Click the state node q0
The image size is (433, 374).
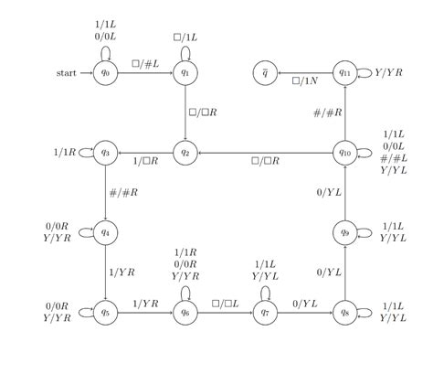pyautogui.click(x=105, y=72)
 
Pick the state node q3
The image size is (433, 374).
pyautogui.click(x=105, y=152)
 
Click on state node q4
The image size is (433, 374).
pyautogui.click(x=105, y=231)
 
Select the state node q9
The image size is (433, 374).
pyautogui.click(x=344, y=231)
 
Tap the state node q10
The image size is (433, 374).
pyautogui.click(x=344, y=152)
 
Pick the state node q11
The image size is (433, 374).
pyautogui.click(x=344, y=72)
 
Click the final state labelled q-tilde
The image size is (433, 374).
pyautogui.click(x=265, y=72)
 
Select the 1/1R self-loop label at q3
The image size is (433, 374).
pyautogui.click(x=65, y=152)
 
